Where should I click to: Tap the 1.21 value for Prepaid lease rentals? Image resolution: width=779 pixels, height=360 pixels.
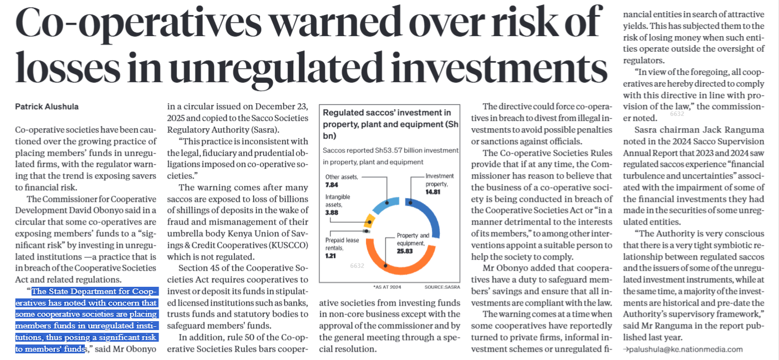point(331,256)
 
